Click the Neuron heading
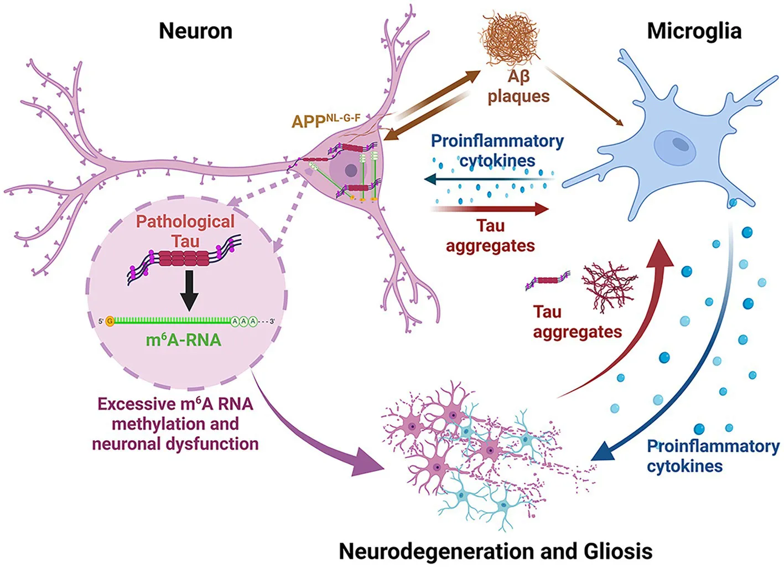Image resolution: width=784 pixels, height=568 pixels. click(x=195, y=31)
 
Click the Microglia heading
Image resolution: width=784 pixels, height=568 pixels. click(x=694, y=31)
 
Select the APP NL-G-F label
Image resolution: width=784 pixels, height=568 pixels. click(x=326, y=120)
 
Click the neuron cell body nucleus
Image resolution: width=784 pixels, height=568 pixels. click(x=351, y=171)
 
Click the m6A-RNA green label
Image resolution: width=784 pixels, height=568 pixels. click(x=183, y=339)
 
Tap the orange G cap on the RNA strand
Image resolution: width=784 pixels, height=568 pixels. click(x=110, y=321)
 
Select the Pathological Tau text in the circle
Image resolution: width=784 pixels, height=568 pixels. click(x=185, y=231)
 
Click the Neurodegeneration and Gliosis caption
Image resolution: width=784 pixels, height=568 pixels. click(x=495, y=551)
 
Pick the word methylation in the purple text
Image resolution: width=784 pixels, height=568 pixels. click(x=175, y=424)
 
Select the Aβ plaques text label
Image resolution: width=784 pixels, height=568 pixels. click(x=518, y=86)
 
